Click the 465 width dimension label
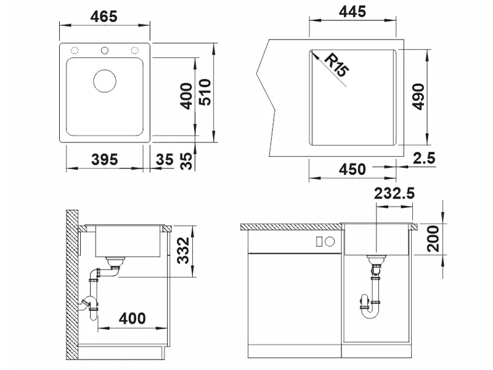pyautogui.click(x=104, y=17)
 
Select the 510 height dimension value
pyautogui.click(x=206, y=92)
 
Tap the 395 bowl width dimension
pyautogui.click(x=104, y=160)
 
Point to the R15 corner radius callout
pyautogui.click(x=336, y=65)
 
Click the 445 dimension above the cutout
pyautogui.click(x=352, y=12)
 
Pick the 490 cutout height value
pyautogui.click(x=418, y=97)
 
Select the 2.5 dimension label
pyautogui.click(x=424, y=158)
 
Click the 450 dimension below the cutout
pyautogui.click(x=352, y=169)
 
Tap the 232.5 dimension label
pyautogui.click(x=394, y=194)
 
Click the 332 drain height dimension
pyautogui.click(x=183, y=250)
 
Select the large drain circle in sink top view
pyautogui.click(x=105, y=81)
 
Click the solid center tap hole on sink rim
pyautogui.click(x=105, y=51)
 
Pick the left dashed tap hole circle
pyautogui.click(x=75, y=51)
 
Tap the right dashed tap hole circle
pyautogui.click(x=134, y=51)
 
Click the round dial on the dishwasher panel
pyautogui.click(x=330, y=242)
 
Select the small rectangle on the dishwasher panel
pyautogui.click(x=319, y=242)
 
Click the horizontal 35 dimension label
pyautogui.click(x=165, y=160)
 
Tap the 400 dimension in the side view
pyautogui.click(x=132, y=318)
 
